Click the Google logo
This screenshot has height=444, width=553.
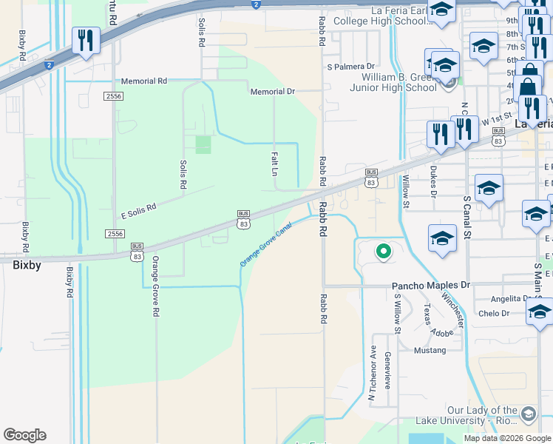[24, 435]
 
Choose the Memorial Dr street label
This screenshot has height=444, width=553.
[272, 92]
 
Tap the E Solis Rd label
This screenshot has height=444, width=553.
[138, 211]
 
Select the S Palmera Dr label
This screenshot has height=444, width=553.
[351, 67]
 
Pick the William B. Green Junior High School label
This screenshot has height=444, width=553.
[399, 82]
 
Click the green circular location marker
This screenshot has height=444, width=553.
[383, 252]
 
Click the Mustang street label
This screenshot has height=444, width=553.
[430, 349]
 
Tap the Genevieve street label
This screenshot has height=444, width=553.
[387, 369]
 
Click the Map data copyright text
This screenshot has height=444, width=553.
[506, 438]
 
